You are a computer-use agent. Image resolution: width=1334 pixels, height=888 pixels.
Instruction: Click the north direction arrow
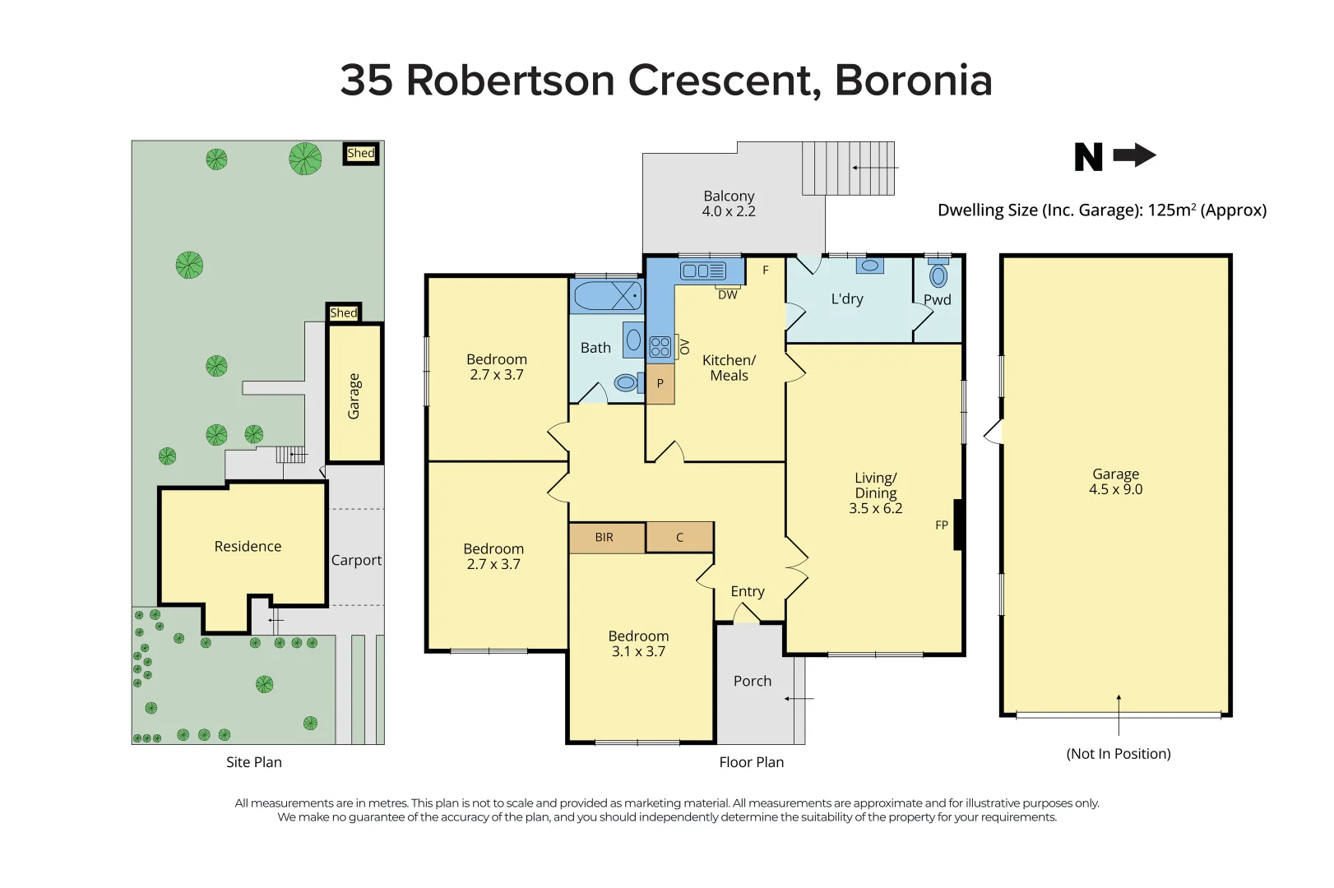click(x=1134, y=155)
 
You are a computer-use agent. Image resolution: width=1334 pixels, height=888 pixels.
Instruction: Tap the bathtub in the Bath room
click(x=606, y=296)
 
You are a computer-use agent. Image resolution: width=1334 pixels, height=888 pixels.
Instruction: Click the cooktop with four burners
click(x=660, y=347)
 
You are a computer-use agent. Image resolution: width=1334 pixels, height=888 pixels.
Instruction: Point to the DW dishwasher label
click(x=728, y=294)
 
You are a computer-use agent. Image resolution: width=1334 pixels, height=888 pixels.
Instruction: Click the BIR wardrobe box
click(x=606, y=538)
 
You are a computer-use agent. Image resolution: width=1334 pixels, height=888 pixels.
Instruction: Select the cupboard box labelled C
click(x=679, y=538)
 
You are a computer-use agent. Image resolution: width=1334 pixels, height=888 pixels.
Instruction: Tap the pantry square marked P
click(x=660, y=384)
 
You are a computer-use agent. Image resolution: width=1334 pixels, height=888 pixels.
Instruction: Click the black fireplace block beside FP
click(x=958, y=525)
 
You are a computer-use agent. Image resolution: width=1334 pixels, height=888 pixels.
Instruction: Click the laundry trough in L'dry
click(x=869, y=266)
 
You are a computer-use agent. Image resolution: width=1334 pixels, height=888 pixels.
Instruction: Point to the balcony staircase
click(x=848, y=168)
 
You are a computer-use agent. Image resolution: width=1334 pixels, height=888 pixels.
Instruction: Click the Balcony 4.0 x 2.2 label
click(x=729, y=204)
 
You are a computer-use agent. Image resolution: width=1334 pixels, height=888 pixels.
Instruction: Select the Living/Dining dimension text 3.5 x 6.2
click(x=875, y=509)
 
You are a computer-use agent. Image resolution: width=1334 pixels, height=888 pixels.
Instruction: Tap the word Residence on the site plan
click(x=248, y=547)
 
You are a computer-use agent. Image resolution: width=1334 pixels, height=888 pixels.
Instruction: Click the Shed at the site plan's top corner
click(x=360, y=154)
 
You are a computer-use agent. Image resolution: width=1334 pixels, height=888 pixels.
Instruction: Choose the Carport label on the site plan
click(x=356, y=561)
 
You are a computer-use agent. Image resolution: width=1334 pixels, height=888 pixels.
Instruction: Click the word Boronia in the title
click(x=913, y=81)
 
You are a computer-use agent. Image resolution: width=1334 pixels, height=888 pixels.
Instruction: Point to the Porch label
click(x=753, y=682)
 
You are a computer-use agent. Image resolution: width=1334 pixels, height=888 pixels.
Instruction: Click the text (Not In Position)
click(x=1118, y=754)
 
